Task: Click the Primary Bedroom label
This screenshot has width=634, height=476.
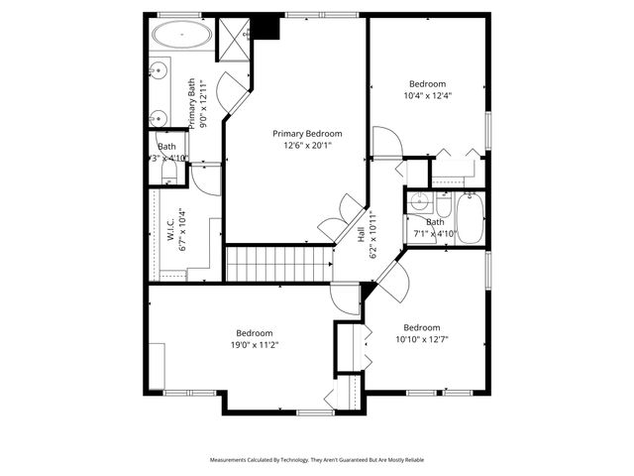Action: pos(307,134)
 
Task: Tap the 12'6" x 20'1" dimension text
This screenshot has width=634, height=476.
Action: pos(307,146)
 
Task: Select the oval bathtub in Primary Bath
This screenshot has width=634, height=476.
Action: pos(180,38)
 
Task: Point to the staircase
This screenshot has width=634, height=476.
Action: pos(278,265)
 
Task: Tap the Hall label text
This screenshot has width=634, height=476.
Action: pos(362,235)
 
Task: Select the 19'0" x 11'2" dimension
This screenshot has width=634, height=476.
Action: pos(255,345)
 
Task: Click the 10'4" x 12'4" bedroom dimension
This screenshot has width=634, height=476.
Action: pos(428,96)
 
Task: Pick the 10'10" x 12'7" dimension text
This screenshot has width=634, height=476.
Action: pos(421,340)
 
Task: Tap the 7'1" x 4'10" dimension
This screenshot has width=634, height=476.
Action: pos(435,234)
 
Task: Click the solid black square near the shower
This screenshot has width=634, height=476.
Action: pos(266,29)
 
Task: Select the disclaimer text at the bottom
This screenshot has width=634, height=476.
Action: pos(316,460)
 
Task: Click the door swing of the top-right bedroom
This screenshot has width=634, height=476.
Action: pos(385,144)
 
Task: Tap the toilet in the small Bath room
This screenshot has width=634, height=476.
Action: pos(168,175)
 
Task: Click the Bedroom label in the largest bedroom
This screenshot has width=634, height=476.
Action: pos(255,333)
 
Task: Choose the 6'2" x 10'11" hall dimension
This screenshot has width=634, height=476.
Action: pos(372,235)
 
